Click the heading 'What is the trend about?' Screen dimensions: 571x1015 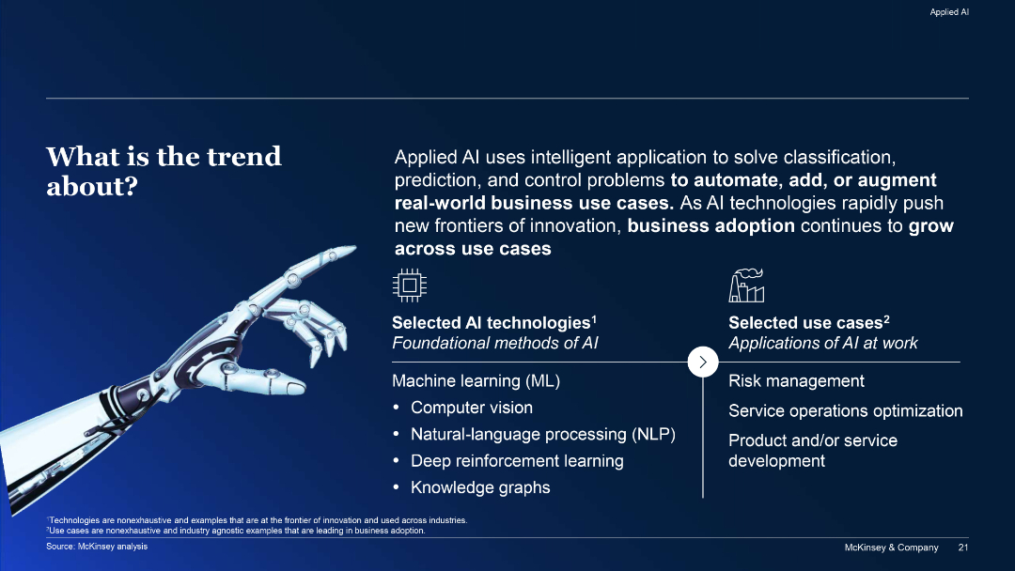(x=164, y=170)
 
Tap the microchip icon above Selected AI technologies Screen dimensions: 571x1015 (x=409, y=285)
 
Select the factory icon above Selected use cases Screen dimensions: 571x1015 (x=746, y=285)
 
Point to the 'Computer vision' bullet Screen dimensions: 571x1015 (x=471, y=408)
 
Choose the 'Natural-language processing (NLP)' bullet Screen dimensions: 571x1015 (x=542, y=434)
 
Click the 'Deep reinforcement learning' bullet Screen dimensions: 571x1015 (x=516, y=461)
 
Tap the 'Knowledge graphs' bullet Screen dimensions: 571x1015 (x=479, y=487)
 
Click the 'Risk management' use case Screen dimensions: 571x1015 (x=796, y=381)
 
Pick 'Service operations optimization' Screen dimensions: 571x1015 (x=845, y=411)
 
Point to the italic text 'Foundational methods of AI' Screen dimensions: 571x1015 (x=494, y=343)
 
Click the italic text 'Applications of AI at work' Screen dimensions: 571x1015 (x=822, y=343)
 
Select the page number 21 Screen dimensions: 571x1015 (x=962, y=548)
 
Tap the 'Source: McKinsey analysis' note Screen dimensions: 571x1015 (x=97, y=547)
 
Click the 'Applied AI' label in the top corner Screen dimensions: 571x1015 (x=948, y=12)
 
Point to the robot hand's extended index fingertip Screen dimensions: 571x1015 (x=353, y=249)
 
